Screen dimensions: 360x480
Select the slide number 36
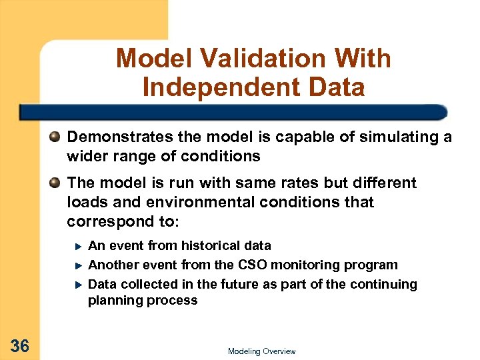point(20,345)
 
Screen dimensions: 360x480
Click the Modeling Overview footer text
point(261,351)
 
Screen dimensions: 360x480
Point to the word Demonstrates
point(114,137)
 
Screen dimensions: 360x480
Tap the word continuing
point(386,285)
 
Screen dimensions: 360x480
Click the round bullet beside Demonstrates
point(55,138)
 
